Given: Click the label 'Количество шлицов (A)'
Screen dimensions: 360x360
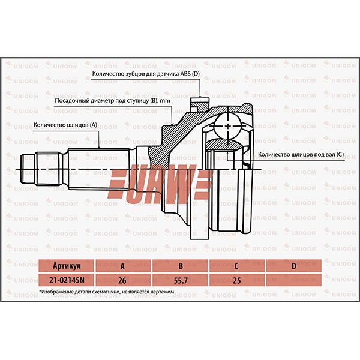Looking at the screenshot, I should click(x=65, y=125).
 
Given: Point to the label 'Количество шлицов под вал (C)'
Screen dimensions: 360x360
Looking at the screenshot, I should click(x=301, y=154).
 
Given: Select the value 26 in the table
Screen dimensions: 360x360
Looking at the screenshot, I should click(x=123, y=278).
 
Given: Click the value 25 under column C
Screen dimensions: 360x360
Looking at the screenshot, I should click(x=236, y=278).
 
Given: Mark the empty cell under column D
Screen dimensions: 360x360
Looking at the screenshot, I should click(x=293, y=278).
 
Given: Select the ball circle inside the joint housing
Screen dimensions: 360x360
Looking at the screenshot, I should click(x=228, y=122).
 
